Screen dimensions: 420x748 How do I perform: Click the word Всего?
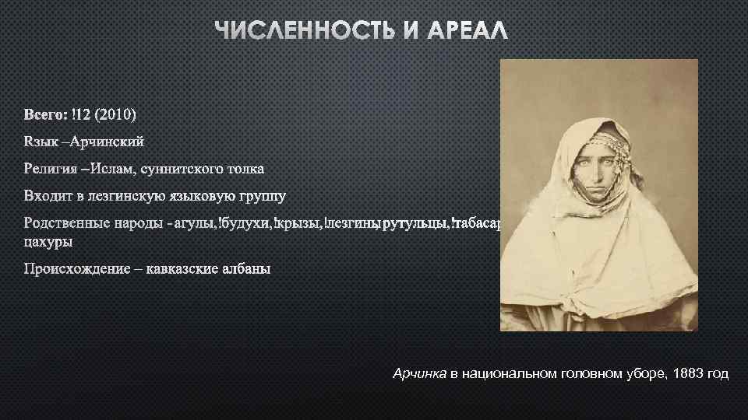(44, 115)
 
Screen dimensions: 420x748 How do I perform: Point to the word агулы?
(198, 224)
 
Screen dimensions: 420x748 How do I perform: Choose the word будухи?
(249, 224)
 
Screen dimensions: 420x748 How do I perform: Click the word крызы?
(299, 224)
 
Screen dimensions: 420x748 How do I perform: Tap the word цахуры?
(48, 242)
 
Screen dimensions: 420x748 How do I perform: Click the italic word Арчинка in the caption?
(419, 375)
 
